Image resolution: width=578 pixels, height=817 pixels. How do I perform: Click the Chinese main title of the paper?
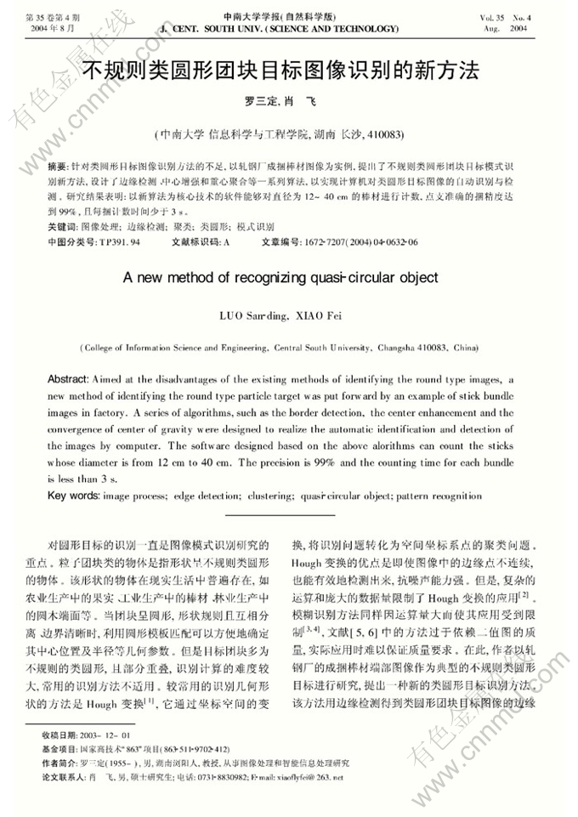click(x=290, y=69)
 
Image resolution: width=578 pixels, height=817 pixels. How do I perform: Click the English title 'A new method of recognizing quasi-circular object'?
click(x=280, y=277)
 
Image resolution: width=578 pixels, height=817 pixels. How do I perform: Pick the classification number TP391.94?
click(x=120, y=242)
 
